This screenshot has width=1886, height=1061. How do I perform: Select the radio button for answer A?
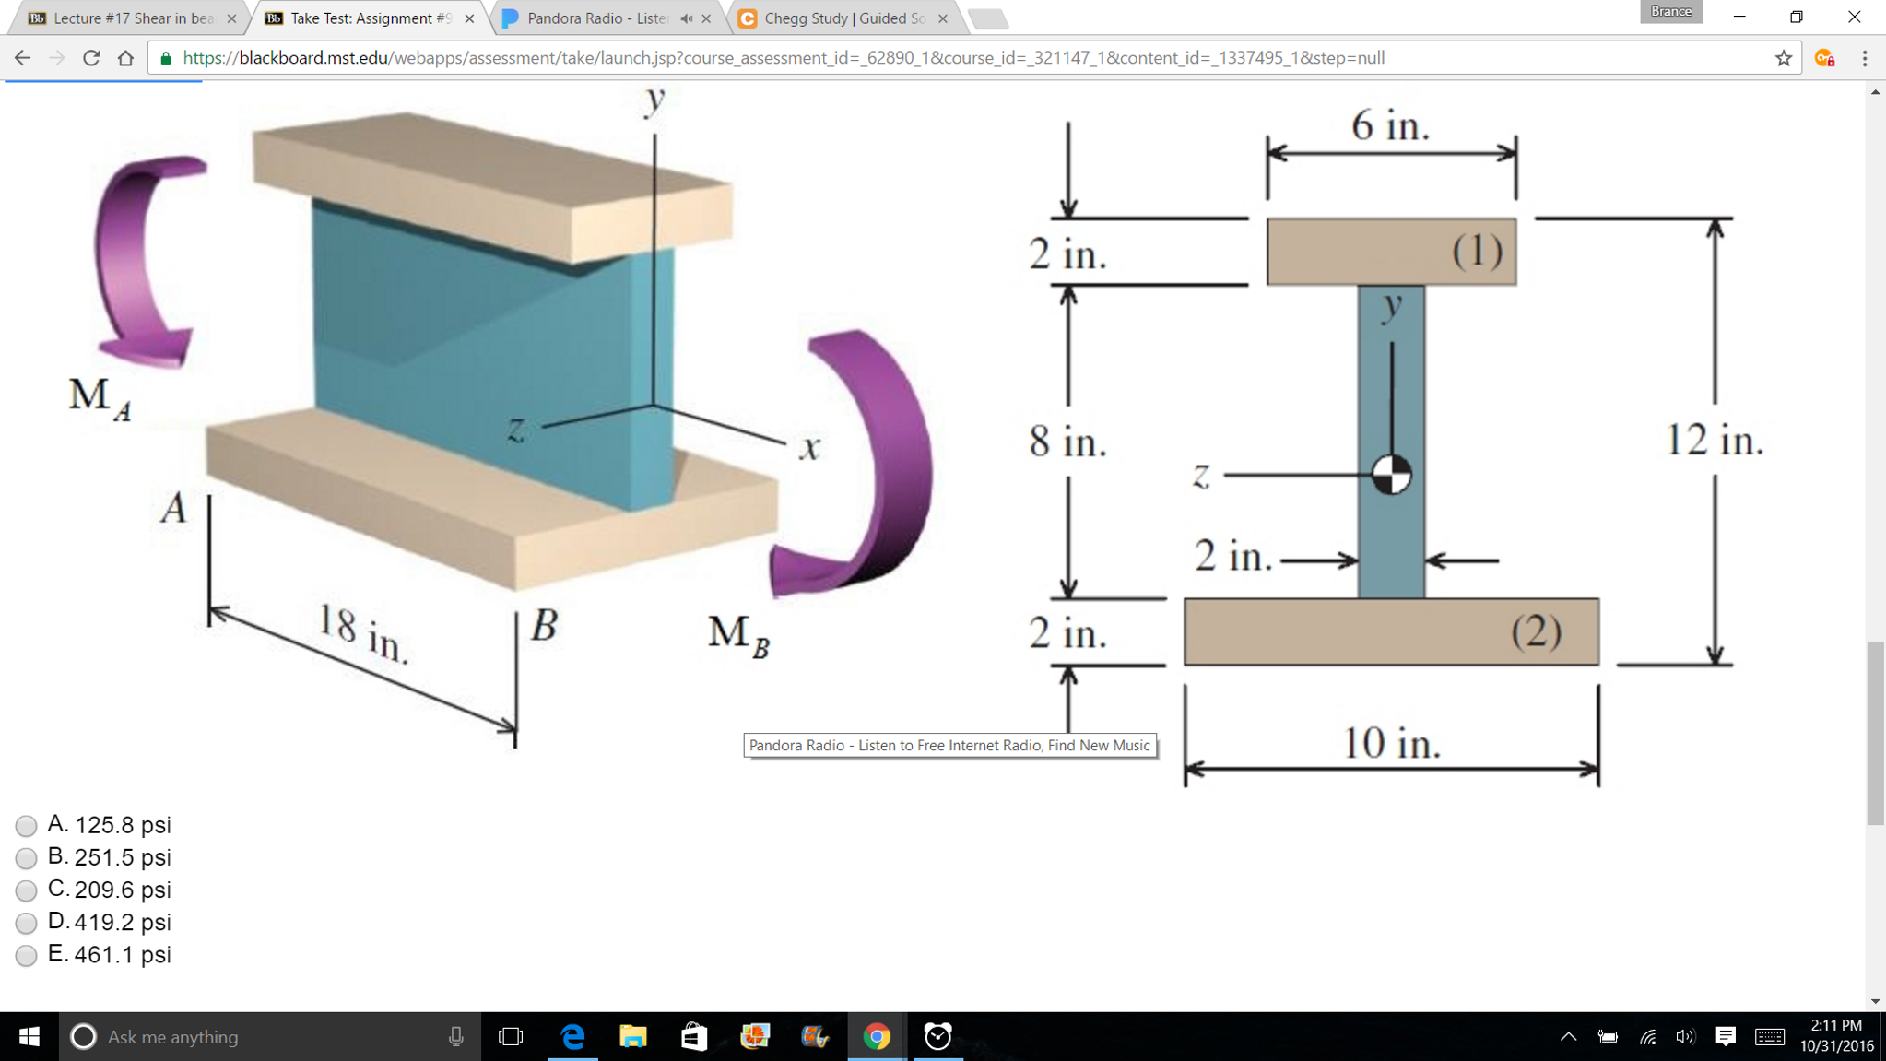coord(26,826)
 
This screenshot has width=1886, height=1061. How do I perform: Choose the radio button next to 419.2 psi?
coord(26,923)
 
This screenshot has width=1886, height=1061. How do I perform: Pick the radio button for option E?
coord(26,955)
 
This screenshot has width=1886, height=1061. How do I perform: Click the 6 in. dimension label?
coord(1390,126)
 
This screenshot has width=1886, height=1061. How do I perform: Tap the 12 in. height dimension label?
coord(1714,441)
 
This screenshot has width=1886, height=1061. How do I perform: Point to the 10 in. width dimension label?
coord(1390,743)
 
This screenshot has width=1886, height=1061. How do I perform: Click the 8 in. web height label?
coord(1067,442)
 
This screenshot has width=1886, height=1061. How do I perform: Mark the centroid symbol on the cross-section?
coord(1391,475)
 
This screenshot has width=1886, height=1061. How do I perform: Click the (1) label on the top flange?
coord(1477,252)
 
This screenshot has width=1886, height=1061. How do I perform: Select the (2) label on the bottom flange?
coord(1536,632)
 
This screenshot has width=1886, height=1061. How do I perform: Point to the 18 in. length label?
coord(362,633)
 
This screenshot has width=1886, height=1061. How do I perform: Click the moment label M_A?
coord(100,398)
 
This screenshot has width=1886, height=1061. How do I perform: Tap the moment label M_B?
coord(738,636)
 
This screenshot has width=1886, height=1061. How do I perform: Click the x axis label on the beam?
coord(809,449)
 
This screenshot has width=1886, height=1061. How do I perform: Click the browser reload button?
coord(91,58)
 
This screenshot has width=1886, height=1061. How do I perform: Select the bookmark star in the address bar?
coord(1784,58)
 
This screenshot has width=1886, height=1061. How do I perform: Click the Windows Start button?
coord(29,1036)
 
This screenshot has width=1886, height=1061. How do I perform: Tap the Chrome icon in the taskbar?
coord(877,1036)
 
